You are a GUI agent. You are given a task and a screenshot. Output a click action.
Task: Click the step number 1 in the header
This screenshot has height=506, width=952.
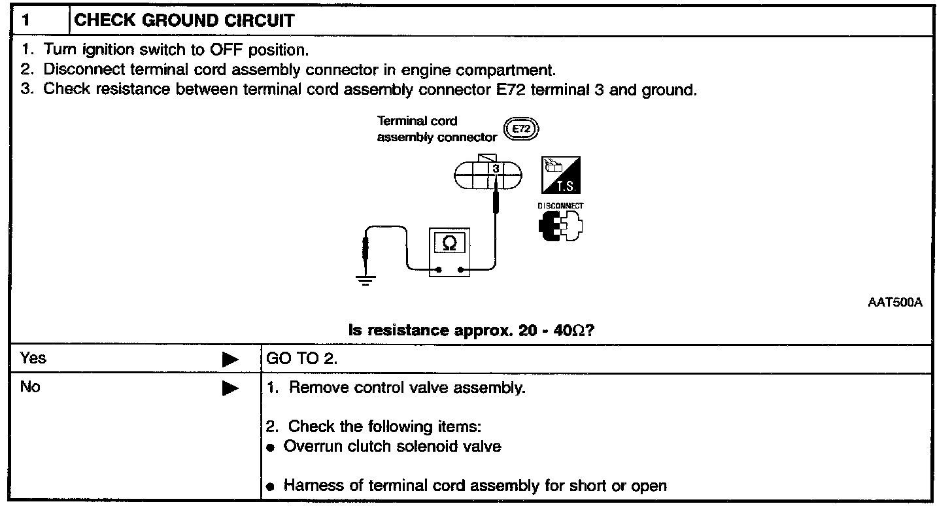(x=25, y=20)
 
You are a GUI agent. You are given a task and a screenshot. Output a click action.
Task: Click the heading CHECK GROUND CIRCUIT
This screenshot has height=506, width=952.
(x=184, y=20)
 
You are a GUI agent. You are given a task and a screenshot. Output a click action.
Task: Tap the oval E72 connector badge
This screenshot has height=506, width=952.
(x=521, y=129)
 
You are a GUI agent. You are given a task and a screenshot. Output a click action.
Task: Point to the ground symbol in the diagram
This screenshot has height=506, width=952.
(x=365, y=280)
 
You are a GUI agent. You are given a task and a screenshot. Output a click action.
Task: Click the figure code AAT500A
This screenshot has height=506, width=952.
(x=895, y=303)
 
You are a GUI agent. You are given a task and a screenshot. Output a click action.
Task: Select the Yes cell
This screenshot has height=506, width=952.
(x=34, y=358)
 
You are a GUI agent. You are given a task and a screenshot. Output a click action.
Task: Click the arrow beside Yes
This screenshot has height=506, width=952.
(x=230, y=360)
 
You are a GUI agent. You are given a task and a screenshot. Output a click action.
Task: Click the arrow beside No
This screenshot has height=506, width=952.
(x=230, y=388)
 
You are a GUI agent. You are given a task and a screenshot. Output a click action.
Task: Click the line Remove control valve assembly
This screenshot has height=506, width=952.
(x=407, y=388)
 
